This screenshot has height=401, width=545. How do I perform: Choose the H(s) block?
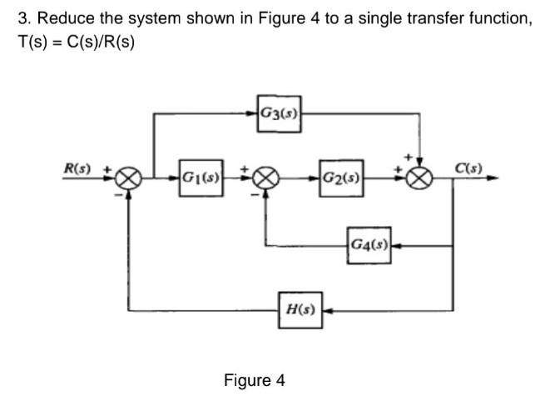coord(300,309)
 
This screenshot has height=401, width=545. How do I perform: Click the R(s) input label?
coord(79,168)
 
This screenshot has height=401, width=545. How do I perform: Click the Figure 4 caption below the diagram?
coord(255,381)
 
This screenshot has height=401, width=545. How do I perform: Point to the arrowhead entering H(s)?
coord(326,310)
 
